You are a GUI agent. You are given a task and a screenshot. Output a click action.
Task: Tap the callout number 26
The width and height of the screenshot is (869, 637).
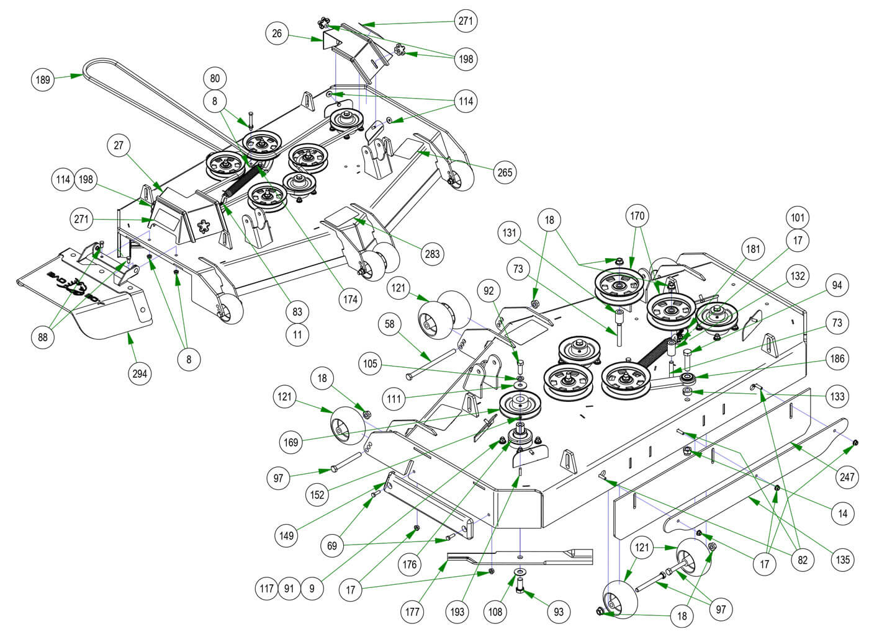click(x=277, y=33)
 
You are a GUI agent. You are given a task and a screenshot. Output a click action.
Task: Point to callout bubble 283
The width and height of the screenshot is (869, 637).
click(x=432, y=253)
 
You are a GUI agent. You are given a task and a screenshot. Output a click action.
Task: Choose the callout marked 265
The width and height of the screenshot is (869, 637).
click(x=505, y=172)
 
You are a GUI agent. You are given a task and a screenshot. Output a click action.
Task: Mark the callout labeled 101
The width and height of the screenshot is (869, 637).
click(x=796, y=218)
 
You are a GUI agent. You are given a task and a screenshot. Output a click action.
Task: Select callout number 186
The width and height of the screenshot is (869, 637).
click(x=837, y=359)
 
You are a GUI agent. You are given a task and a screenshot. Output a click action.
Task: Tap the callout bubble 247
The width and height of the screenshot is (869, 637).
click(x=847, y=477)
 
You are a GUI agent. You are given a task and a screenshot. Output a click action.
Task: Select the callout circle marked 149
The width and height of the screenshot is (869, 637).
click(x=287, y=534)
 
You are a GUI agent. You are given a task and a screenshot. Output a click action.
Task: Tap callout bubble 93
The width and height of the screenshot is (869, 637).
click(x=559, y=612)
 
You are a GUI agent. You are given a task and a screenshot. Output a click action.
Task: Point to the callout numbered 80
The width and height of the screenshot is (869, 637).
click(x=215, y=79)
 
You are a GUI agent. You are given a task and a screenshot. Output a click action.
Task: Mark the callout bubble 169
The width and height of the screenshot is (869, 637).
click(x=291, y=442)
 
